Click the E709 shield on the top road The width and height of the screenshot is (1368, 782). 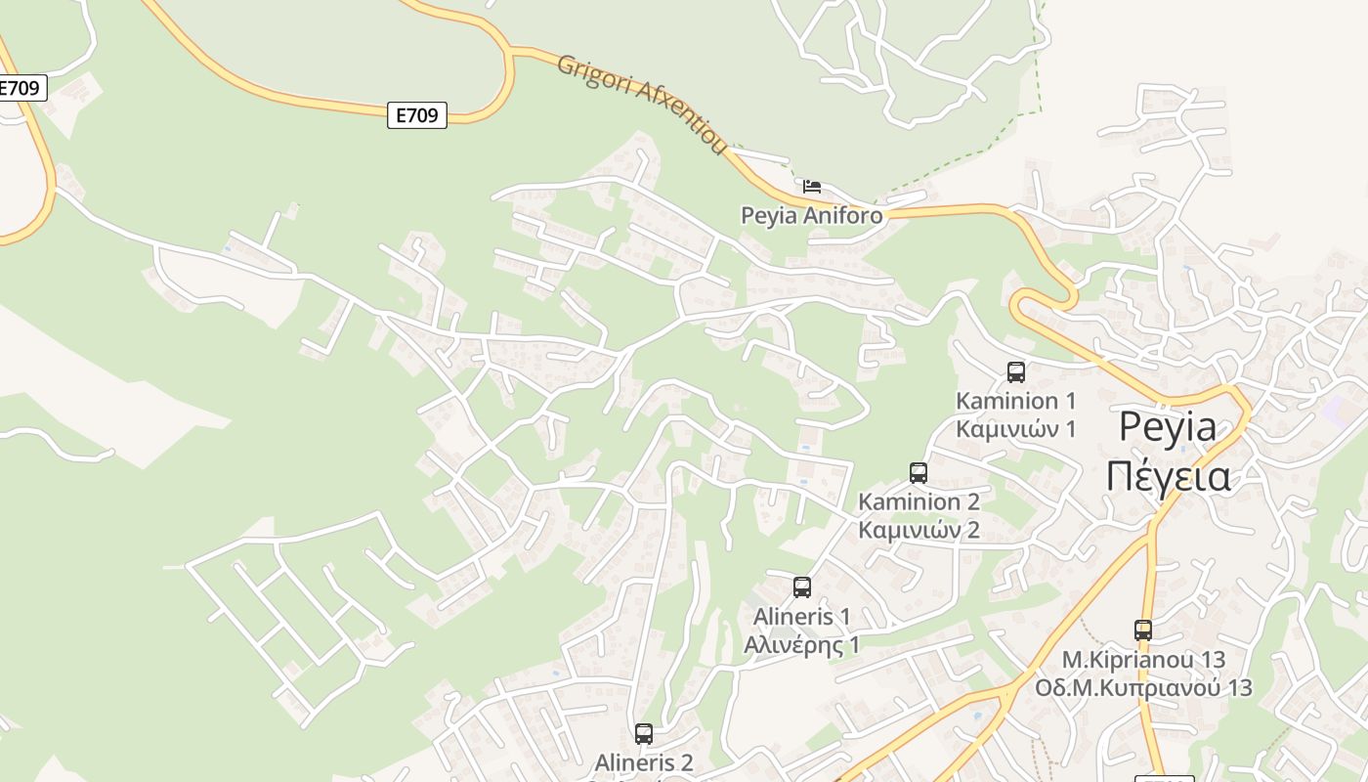pyautogui.click(x=417, y=115)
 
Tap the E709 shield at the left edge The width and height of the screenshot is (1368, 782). pyautogui.click(x=20, y=88)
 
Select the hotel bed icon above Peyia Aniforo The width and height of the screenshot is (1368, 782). pyautogui.click(x=812, y=186)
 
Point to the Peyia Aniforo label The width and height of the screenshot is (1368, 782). pyautogui.click(x=811, y=215)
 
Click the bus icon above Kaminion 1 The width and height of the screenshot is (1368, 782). pyautogui.click(x=1016, y=371)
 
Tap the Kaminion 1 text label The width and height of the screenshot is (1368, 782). pyautogui.click(x=1015, y=401)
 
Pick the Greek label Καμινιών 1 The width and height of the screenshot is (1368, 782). pyautogui.click(x=1015, y=429)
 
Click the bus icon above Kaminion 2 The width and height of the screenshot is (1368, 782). pyautogui.click(x=919, y=473)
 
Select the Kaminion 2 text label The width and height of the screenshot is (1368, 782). pyautogui.click(x=919, y=501)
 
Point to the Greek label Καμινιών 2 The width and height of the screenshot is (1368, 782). pyautogui.click(x=919, y=531)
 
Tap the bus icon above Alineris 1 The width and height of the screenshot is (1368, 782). pyautogui.click(x=802, y=587)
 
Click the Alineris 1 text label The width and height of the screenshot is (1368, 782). pyautogui.click(x=801, y=617)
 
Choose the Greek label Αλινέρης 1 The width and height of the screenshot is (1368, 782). pyautogui.click(x=801, y=645)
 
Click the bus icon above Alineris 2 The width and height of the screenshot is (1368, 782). pyautogui.click(x=643, y=733)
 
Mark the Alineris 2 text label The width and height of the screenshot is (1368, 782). pyautogui.click(x=644, y=762)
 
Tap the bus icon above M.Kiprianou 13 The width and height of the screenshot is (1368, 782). pyautogui.click(x=1143, y=630)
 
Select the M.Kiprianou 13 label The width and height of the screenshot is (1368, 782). pyautogui.click(x=1143, y=660)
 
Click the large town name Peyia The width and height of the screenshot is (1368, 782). pyautogui.click(x=1168, y=427)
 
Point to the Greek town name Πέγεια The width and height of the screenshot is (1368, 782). pyautogui.click(x=1168, y=476)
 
